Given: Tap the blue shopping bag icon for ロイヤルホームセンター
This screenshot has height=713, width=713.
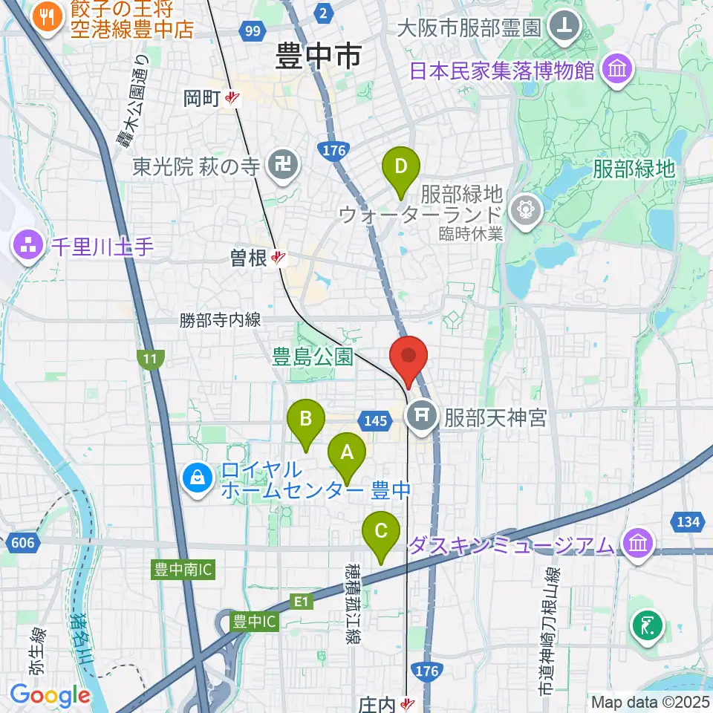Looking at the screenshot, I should tap(198, 479).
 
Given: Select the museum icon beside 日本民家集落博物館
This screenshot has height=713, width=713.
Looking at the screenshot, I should tap(619, 71).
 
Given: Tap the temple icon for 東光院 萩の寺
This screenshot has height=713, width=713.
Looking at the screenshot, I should tap(283, 166).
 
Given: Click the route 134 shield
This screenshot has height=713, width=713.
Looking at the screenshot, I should tap(687, 522).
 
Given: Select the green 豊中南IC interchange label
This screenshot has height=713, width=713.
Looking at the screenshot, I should tap(183, 570).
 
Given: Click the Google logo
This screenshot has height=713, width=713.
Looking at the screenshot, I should tap(50, 695).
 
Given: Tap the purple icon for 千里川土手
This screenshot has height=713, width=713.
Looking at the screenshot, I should tap(27, 247).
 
